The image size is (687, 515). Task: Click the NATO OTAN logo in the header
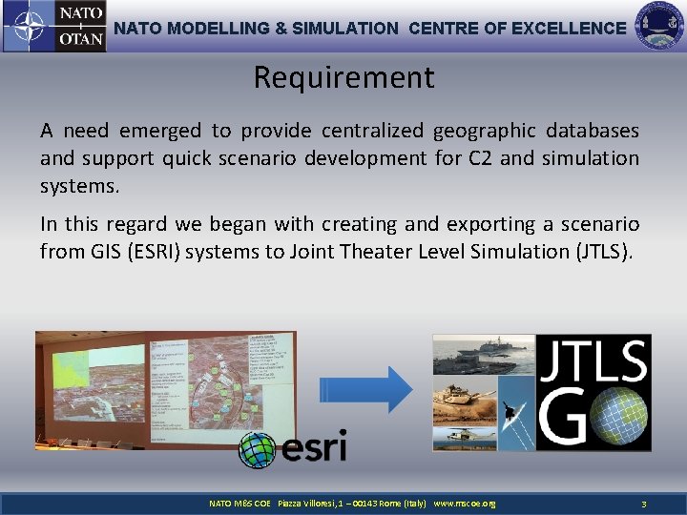(x=53, y=27)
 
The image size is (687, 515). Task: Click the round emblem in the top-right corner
(x=658, y=27)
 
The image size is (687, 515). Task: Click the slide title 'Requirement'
(x=343, y=77)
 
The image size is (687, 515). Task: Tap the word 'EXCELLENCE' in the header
(x=569, y=29)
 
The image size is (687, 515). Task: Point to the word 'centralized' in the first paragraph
(x=373, y=131)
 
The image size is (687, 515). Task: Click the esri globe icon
(x=257, y=449)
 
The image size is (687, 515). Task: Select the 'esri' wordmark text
(x=312, y=446)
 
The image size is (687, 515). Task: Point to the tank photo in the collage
(x=464, y=400)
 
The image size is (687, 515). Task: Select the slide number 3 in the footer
(x=644, y=503)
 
